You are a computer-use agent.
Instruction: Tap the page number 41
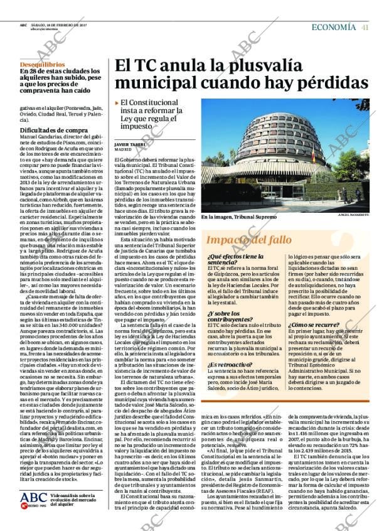coord(365,27)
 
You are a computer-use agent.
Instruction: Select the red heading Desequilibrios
coord(42,64)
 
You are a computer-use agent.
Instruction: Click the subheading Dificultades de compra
coord(48,129)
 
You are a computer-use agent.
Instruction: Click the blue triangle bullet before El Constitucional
coord(117,102)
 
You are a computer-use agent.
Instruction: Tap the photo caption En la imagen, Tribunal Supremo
coord(238,217)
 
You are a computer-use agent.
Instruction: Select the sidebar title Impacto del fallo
coord(241,240)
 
